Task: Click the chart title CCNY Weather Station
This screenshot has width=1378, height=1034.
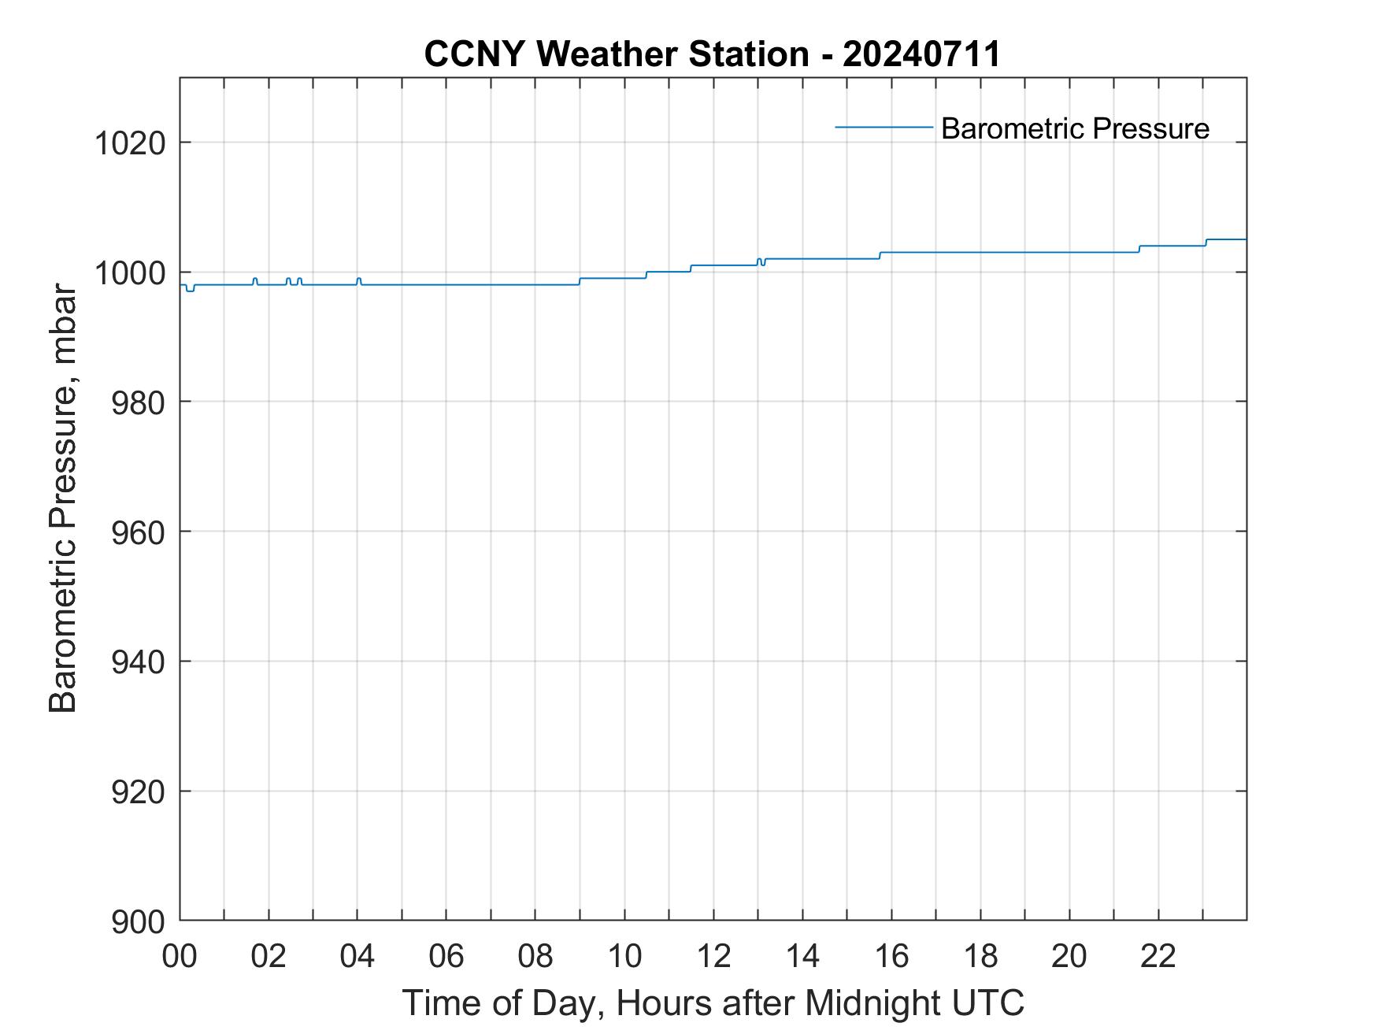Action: pyautogui.click(x=712, y=54)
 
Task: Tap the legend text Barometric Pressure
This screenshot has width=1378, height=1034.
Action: pyautogui.click(x=1075, y=128)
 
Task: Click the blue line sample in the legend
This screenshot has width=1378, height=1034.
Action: pyautogui.click(x=883, y=127)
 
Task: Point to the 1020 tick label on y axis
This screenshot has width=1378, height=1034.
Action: pyautogui.click(x=129, y=143)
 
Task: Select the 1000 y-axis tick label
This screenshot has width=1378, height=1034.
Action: pyautogui.click(x=129, y=272)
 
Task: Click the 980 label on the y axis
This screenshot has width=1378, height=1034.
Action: pyautogui.click(x=138, y=402)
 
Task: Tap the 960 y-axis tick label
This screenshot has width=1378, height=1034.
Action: pyautogui.click(x=138, y=532)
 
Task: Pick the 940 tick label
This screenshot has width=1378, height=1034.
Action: pyautogui.click(x=138, y=662)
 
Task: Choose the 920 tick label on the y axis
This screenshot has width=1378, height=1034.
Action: pyautogui.click(x=138, y=791)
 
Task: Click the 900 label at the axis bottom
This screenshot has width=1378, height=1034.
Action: pyautogui.click(x=138, y=921)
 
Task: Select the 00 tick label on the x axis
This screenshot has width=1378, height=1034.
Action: pyautogui.click(x=180, y=956)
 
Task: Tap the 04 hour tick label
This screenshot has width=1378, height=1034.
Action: pyautogui.click(x=357, y=956)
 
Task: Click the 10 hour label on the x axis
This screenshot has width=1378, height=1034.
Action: pyautogui.click(x=624, y=956)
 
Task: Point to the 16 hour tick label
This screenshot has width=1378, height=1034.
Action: pyautogui.click(x=891, y=956)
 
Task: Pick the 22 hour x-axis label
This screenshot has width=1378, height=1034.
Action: pyautogui.click(x=1158, y=956)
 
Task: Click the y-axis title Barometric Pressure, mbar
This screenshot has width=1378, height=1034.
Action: pyautogui.click(x=63, y=499)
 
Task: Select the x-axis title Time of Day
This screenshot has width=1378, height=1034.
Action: pyautogui.click(x=713, y=1003)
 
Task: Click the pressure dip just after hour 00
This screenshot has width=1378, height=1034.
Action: pyautogui.click(x=190, y=291)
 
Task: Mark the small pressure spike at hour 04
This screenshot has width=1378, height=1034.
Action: pyautogui.click(x=358, y=278)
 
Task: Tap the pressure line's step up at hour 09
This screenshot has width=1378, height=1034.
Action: pyautogui.click(x=580, y=281)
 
